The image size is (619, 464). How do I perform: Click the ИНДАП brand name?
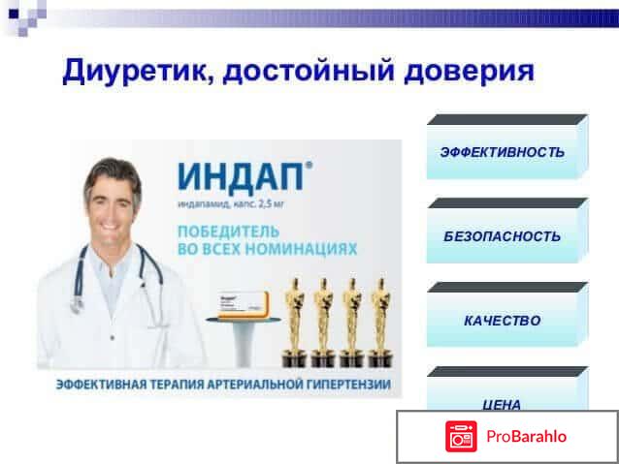tap(240, 179)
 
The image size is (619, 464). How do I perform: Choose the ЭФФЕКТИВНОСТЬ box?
tap(502, 152)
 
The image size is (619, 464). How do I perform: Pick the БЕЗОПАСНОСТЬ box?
tap(502, 236)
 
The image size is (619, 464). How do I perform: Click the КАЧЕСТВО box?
tap(502, 321)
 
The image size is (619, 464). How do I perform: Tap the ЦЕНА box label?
tap(502, 404)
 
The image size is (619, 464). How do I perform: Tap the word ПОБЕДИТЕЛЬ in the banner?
tap(229, 232)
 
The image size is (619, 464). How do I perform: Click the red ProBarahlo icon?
tap(461, 437)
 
